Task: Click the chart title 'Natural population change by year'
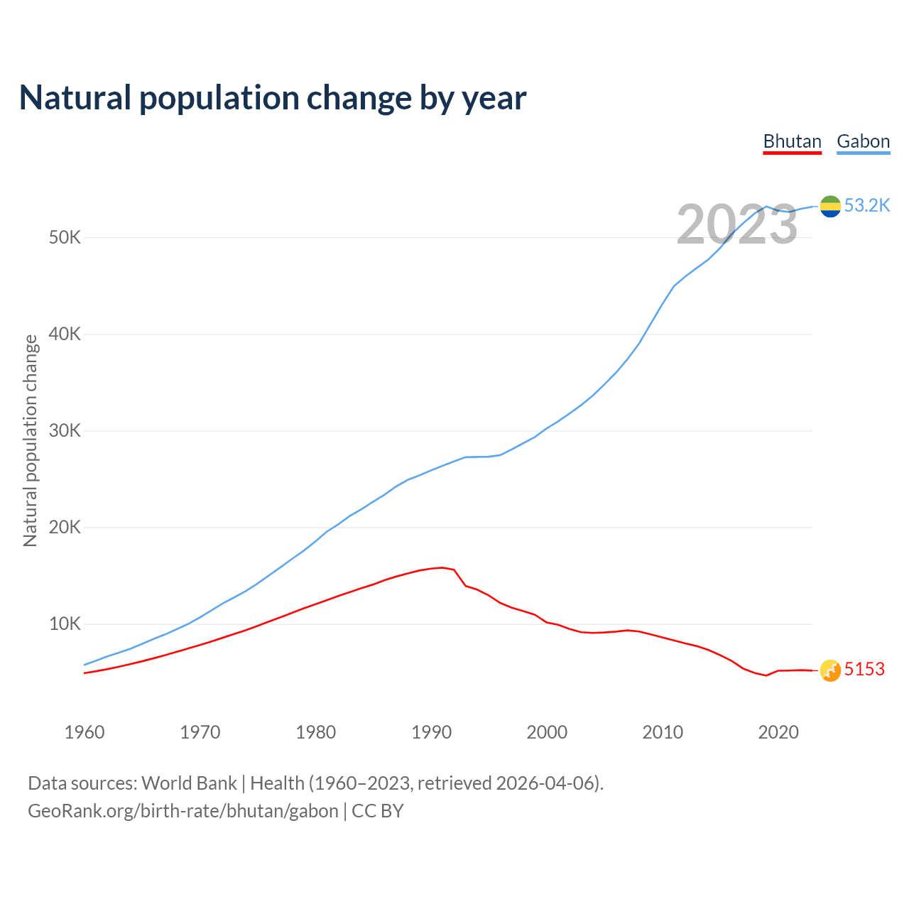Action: [x=273, y=98]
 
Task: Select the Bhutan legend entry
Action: [x=792, y=141]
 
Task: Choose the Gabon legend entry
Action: [x=863, y=141]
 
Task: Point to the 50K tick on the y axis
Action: [x=65, y=237]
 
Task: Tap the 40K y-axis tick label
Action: [x=65, y=334]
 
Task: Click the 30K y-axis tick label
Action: [x=65, y=430]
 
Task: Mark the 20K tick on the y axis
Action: [x=65, y=527]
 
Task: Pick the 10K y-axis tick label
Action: [x=65, y=624]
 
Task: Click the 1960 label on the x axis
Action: [x=85, y=732]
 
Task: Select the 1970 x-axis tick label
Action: [x=200, y=732]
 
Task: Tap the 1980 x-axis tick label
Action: [x=316, y=732]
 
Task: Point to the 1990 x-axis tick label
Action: [x=432, y=732]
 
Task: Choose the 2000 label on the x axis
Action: [x=547, y=732]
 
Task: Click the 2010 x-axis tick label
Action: [x=663, y=732]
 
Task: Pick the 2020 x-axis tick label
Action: [x=778, y=732]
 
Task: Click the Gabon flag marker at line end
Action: [x=830, y=206]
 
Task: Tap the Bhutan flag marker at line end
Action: [x=830, y=670]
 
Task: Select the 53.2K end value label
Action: [x=867, y=206]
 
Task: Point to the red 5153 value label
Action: [x=864, y=670]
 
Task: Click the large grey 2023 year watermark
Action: [x=737, y=225]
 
